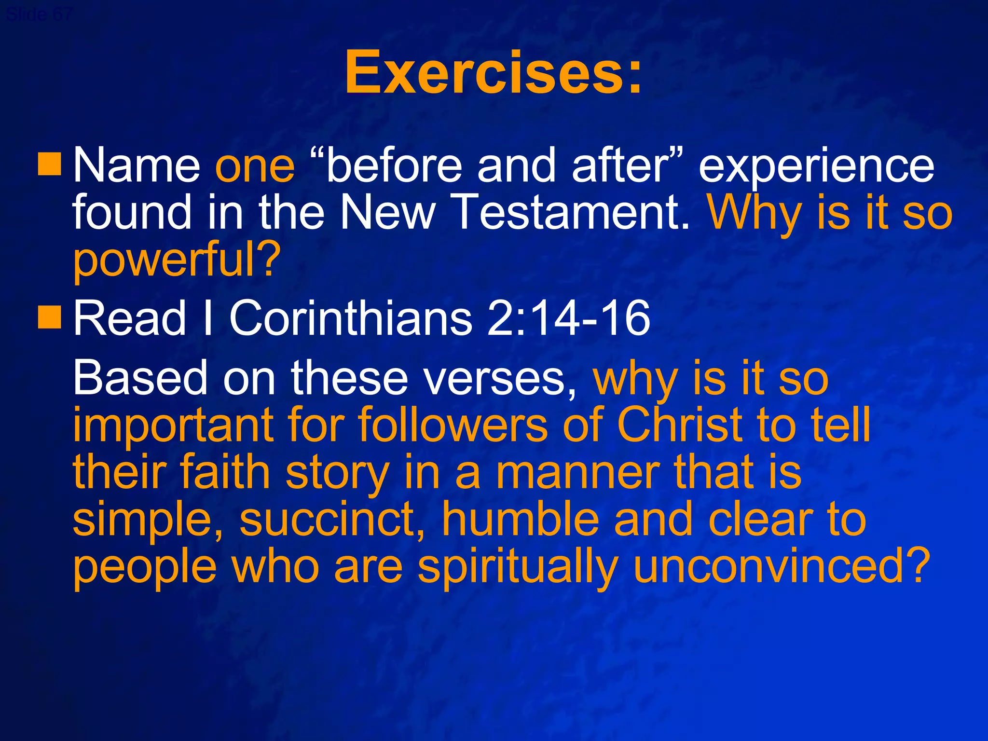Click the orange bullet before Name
tap(50, 164)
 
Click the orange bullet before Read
tap(50, 317)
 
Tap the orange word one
tap(255, 166)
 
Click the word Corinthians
tap(351, 318)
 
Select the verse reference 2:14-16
tap(568, 318)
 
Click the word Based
tap(140, 378)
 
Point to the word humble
tap(521, 519)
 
